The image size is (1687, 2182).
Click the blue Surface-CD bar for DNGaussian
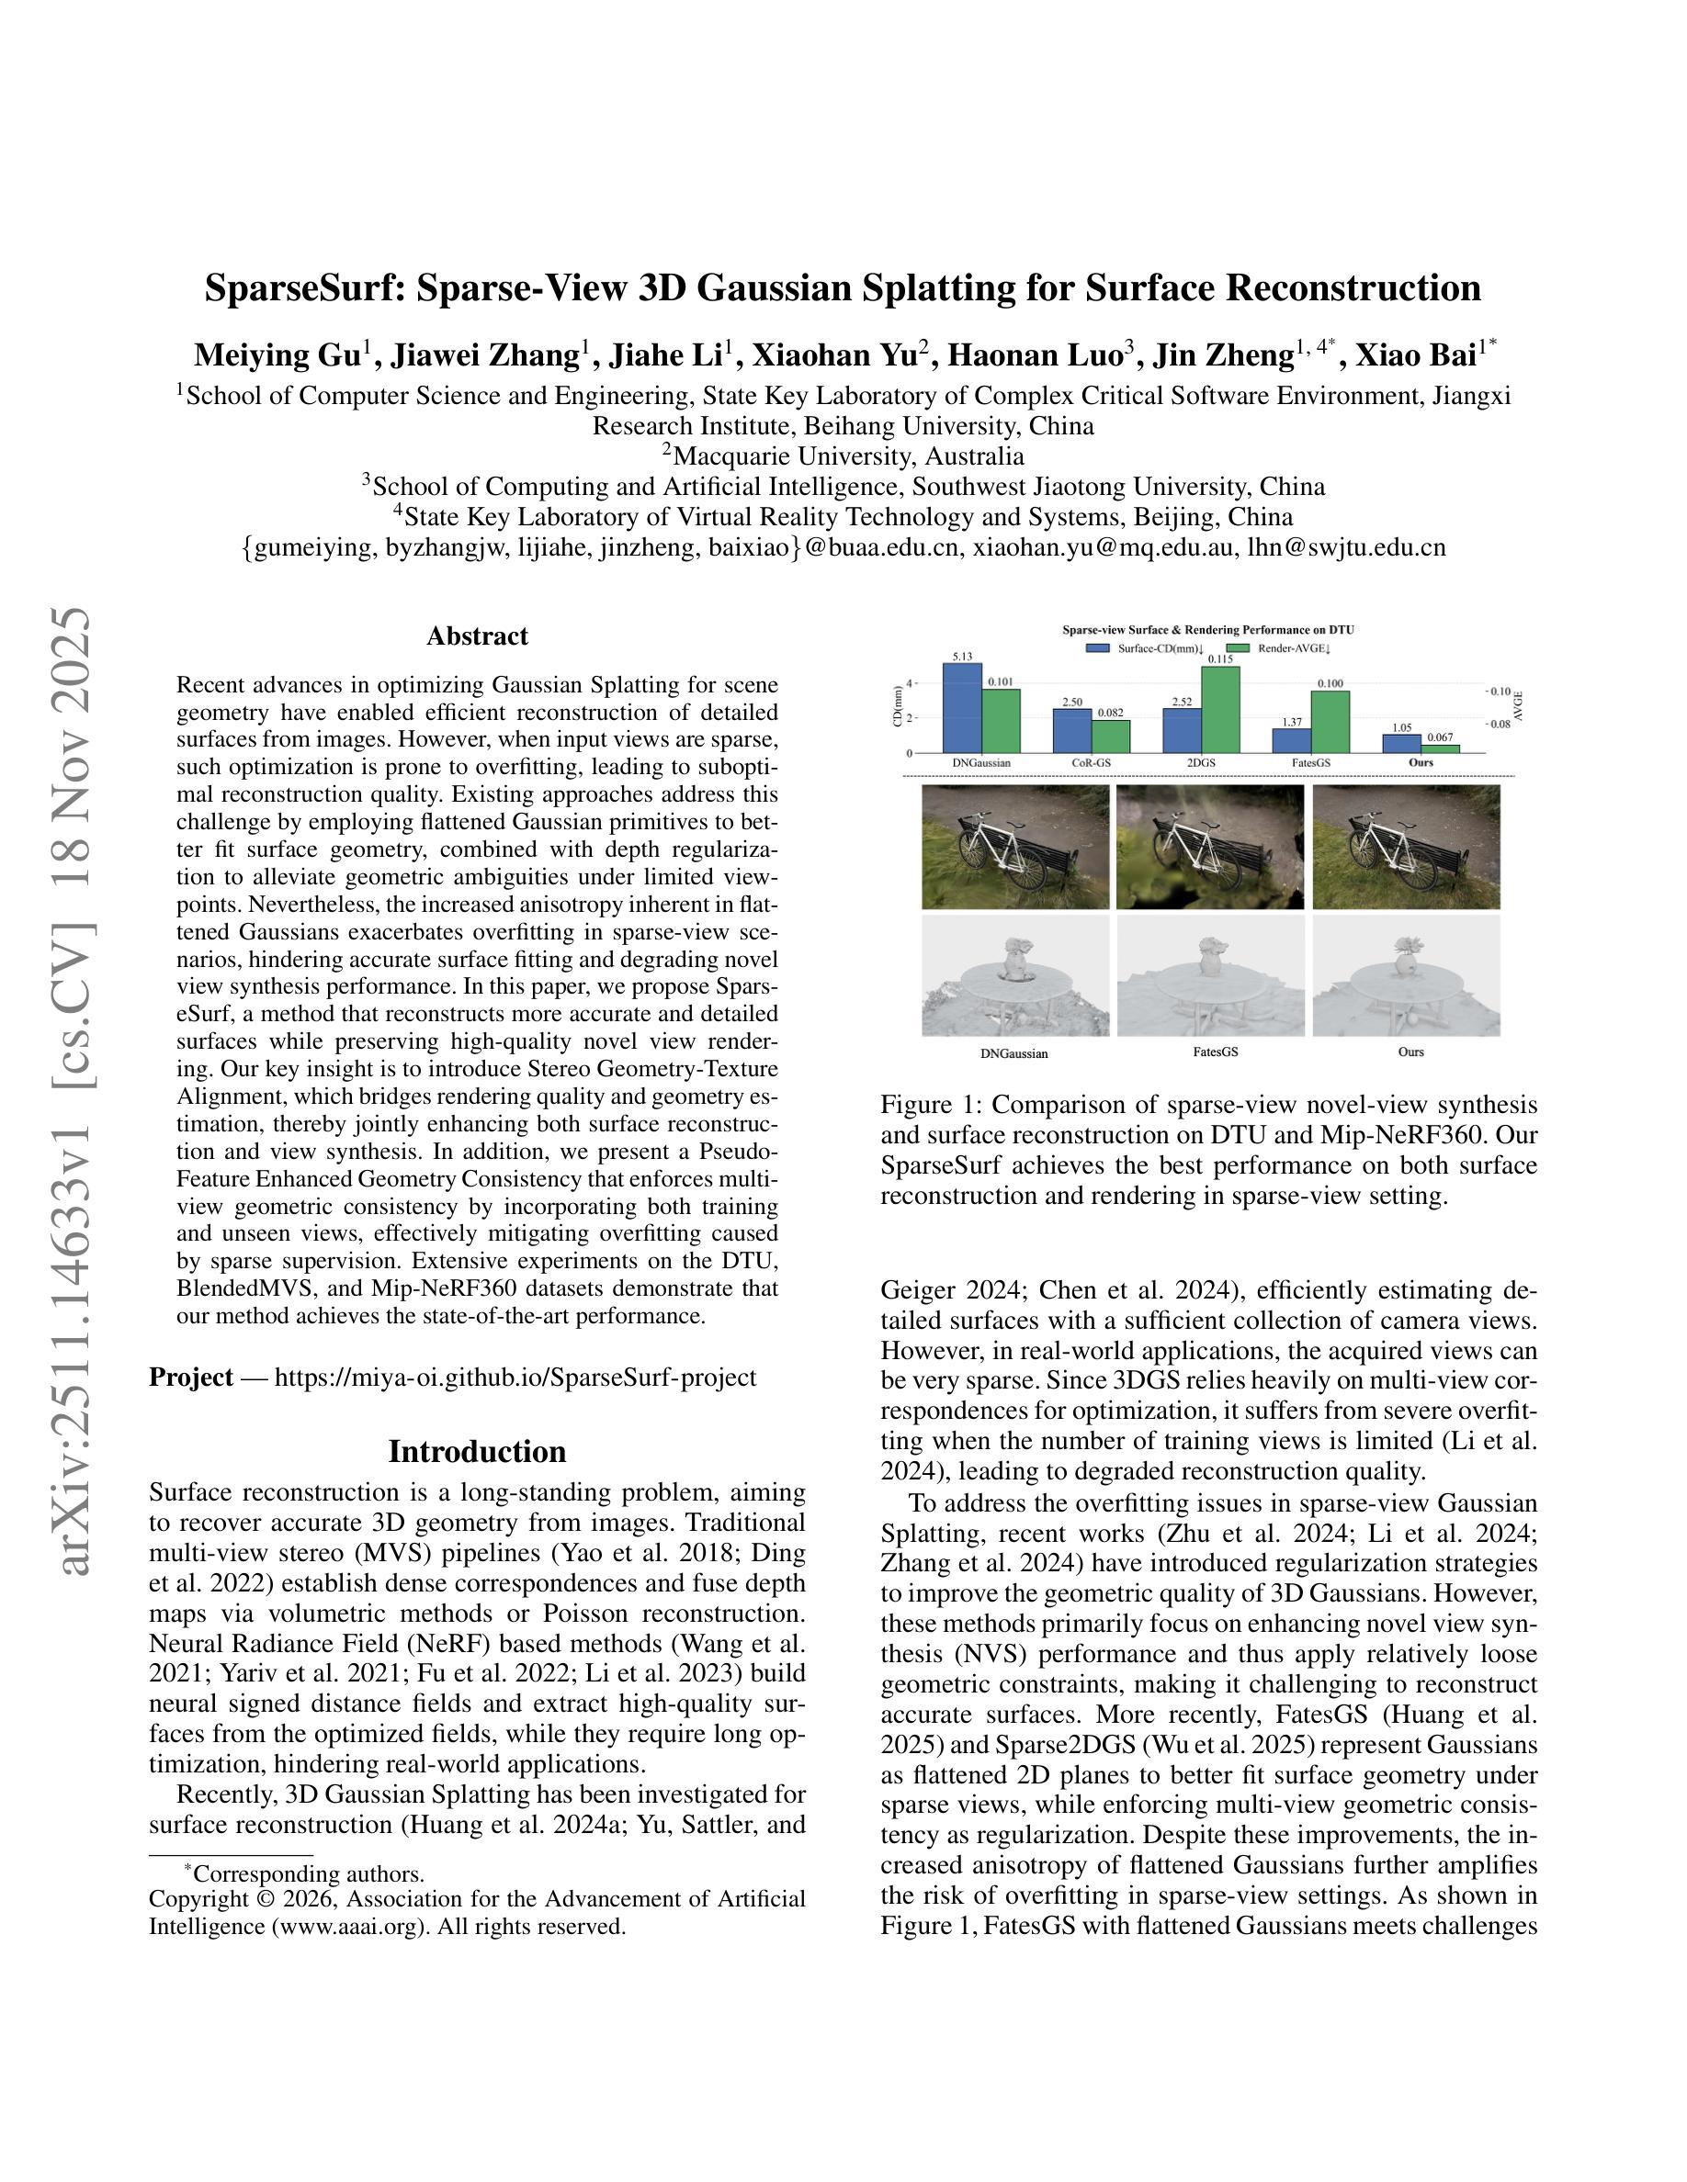click(961, 708)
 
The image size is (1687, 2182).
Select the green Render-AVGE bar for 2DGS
click(1220, 709)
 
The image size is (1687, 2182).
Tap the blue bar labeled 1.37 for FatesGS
click(1291, 740)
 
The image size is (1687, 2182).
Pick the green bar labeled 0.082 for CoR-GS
click(1110, 737)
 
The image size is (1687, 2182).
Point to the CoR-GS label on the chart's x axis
click(1091, 762)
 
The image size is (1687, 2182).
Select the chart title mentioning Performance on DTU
click(1207, 630)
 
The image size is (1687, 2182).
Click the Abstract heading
click(477, 636)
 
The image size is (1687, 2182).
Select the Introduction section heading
click(477, 1452)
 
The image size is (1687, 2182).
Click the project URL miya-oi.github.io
click(515, 1378)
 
